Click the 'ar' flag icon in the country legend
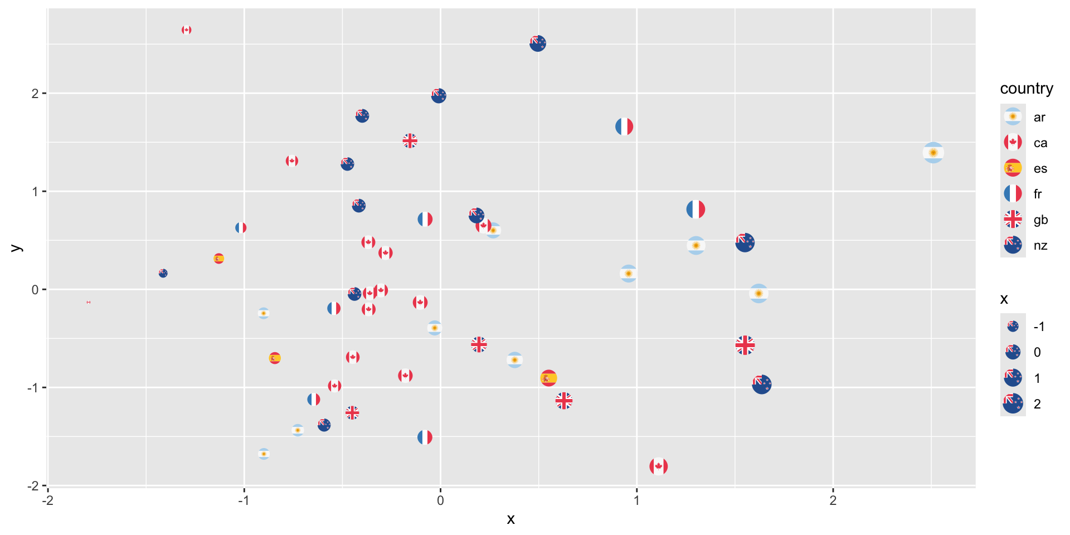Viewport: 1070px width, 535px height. pos(1013,117)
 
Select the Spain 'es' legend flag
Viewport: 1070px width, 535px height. pos(1013,168)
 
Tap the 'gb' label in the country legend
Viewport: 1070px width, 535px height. pos(1040,220)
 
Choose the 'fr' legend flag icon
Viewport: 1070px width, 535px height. pos(1013,193)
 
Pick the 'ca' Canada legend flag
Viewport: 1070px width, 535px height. pos(1013,142)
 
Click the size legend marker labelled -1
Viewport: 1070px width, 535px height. pos(1013,327)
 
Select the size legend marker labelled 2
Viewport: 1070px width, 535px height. pos(1013,403)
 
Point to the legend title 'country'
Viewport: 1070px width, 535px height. pos(1026,89)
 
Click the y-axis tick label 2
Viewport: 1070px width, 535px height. pos(35,94)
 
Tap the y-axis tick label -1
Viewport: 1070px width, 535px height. pos(33,388)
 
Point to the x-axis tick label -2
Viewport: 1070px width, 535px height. pos(48,500)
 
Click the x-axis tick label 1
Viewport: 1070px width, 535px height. pos(636,500)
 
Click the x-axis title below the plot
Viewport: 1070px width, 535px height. pos(510,519)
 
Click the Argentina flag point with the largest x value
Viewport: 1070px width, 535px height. pos(933,153)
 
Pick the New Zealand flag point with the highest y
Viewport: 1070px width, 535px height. pos(538,43)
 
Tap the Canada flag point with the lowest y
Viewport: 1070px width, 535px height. pos(658,466)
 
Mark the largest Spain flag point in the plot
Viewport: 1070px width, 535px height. pos(548,378)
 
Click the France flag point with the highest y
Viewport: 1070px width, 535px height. pos(624,127)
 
